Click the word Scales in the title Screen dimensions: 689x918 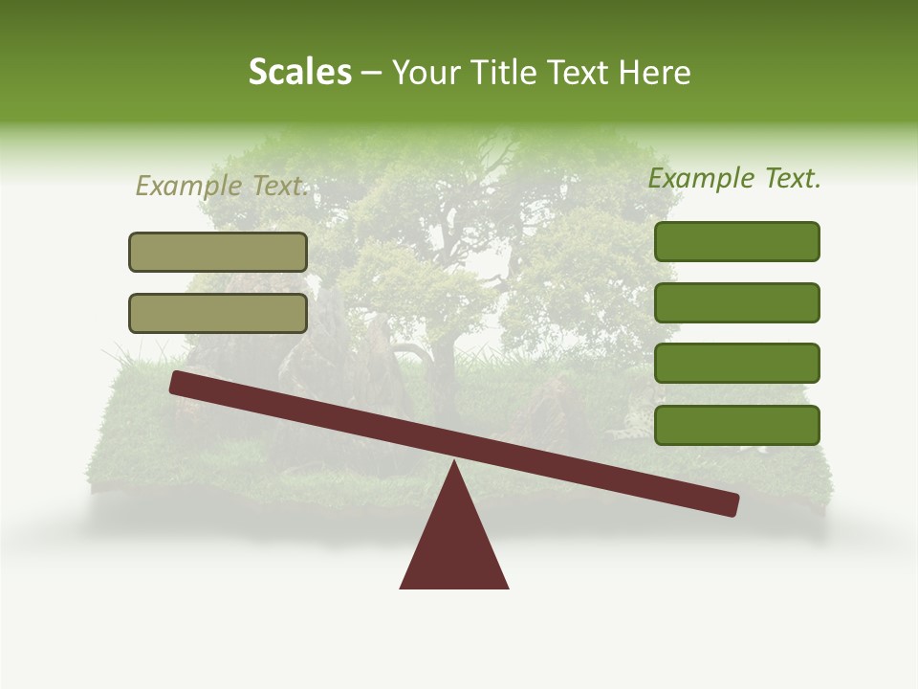(x=299, y=72)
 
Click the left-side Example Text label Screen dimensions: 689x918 (x=223, y=186)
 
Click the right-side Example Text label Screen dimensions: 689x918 (x=734, y=178)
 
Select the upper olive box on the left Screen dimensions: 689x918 (x=218, y=252)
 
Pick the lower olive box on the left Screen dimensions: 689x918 (x=218, y=313)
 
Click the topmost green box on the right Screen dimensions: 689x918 (x=736, y=241)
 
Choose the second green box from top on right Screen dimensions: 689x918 (x=736, y=302)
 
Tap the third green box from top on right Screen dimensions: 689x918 (x=736, y=363)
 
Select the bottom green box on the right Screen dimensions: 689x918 (x=736, y=425)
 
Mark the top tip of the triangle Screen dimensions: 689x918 (x=454, y=463)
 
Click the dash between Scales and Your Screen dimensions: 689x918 (x=371, y=74)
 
